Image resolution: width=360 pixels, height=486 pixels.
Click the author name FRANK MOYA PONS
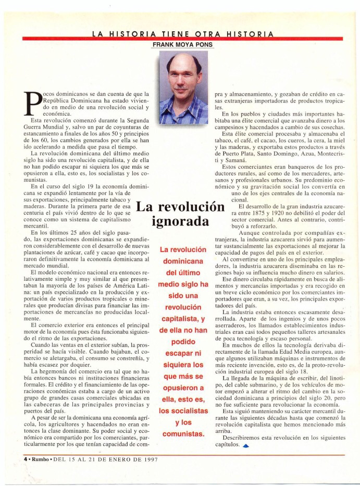click(183, 45)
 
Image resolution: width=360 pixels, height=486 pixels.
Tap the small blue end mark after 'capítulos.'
click(245, 446)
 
